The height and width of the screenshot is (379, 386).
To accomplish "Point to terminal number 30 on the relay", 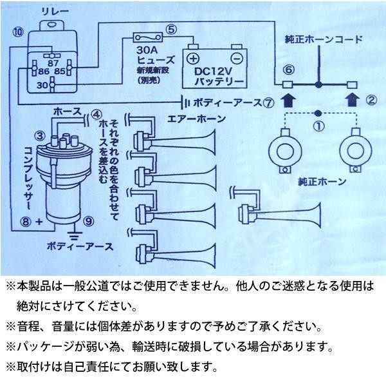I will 41,84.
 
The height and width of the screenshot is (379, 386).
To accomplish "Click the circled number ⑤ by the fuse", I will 170,28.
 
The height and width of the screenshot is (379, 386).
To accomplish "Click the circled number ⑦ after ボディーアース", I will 269,102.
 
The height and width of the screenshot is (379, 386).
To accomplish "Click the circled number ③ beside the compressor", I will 39,136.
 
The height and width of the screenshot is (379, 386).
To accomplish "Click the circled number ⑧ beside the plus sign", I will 26,222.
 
